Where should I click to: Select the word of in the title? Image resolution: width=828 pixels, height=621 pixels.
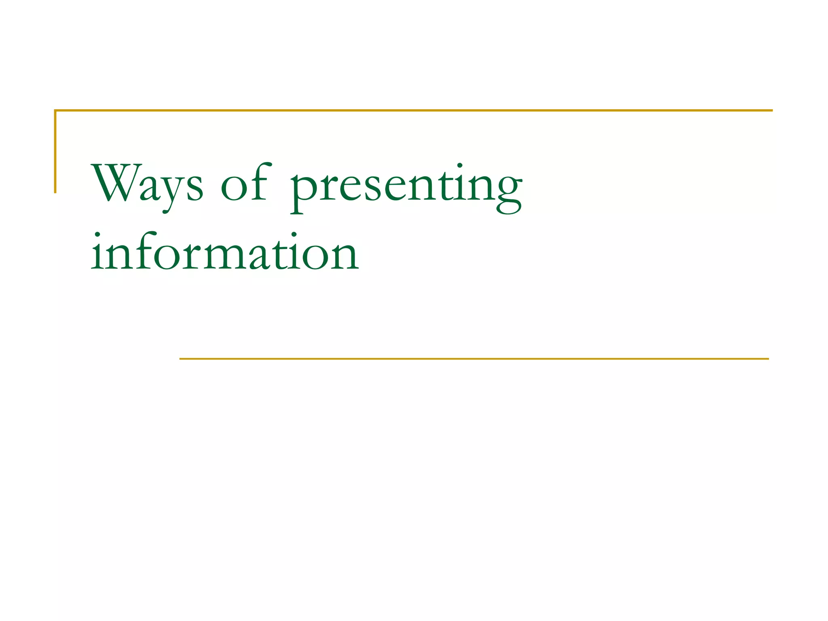244,183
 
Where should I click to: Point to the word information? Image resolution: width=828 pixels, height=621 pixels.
225,253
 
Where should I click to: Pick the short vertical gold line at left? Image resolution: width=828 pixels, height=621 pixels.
55,151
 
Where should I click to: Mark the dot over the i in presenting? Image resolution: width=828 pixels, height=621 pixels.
460,165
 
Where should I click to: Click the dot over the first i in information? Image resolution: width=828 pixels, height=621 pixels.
97,234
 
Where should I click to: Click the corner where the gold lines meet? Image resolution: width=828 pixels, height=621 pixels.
55,110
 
